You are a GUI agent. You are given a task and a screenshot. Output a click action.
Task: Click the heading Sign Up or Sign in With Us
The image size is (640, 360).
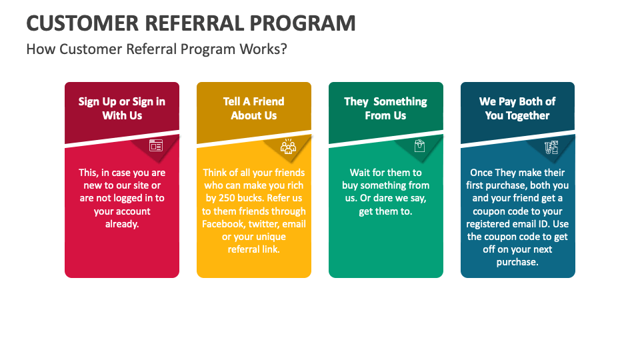click(x=122, y=109)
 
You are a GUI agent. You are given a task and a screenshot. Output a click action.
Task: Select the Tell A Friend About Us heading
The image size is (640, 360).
click(x=254, y=109)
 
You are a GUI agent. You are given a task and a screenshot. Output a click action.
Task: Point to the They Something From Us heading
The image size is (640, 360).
click(x=385, y=109)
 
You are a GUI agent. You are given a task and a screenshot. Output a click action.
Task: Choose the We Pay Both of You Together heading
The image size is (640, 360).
click(x=517, y=109)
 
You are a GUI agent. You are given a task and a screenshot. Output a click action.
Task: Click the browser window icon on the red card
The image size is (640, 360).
click(x=156, y=145)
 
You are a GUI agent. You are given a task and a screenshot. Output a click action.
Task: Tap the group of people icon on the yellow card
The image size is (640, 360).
click(x=288, y=147)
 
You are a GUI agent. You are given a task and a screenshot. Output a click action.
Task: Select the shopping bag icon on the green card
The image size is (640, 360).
click(x=420, y=146)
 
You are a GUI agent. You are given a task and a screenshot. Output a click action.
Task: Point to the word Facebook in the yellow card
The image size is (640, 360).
click(x=223, y=224)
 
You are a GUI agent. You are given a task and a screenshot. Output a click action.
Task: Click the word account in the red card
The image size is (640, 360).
click(x=133, y=211)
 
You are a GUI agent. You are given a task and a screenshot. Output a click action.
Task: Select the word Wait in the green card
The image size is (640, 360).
click(x=361, y=173)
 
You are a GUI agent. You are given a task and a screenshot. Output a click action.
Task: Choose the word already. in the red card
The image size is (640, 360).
click(x=122, y=224)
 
